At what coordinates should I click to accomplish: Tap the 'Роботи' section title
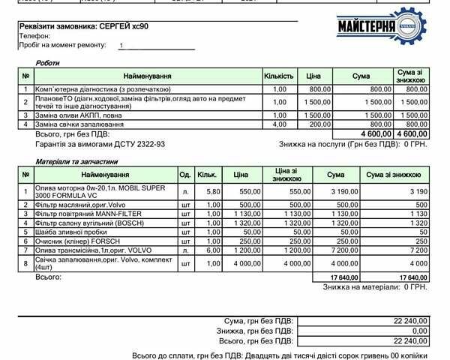tap(47, 63)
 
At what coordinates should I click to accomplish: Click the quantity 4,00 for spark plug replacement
tap(280, 124)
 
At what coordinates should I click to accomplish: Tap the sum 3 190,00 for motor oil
tap(329, 192)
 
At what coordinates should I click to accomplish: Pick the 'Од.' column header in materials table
tap(184, 174)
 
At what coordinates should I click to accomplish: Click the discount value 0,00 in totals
tap(419, 331)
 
